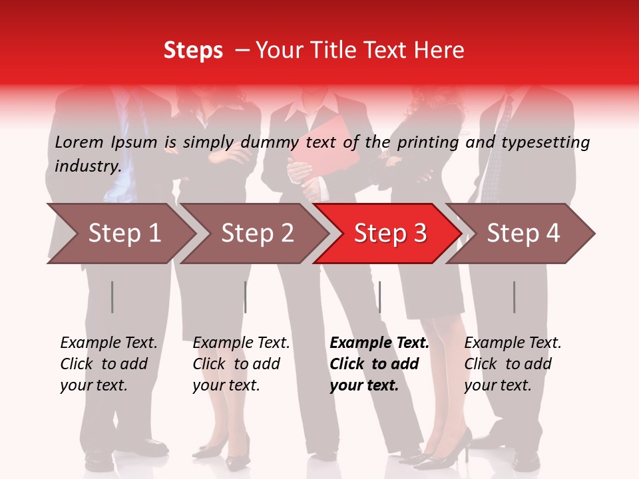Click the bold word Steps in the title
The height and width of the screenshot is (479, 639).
(x=193, y=51)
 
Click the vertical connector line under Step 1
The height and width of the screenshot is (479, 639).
(x=112, y=297)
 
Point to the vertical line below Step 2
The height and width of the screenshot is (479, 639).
(x=246, y=297)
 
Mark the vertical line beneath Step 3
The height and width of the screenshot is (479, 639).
(x=379, y=297)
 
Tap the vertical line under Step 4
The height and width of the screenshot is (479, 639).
(x=514, y=297)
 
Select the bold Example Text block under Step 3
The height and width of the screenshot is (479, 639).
(x=379, y=364)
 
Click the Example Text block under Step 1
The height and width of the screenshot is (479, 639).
(x=108, y=364)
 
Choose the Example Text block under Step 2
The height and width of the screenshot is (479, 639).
(x=241, y=364)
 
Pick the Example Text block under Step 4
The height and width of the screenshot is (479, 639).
(x=513, y=364)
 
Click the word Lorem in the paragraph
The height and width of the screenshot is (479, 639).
(x=79, y=142)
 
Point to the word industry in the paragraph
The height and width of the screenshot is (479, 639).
(x=87, y=166)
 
